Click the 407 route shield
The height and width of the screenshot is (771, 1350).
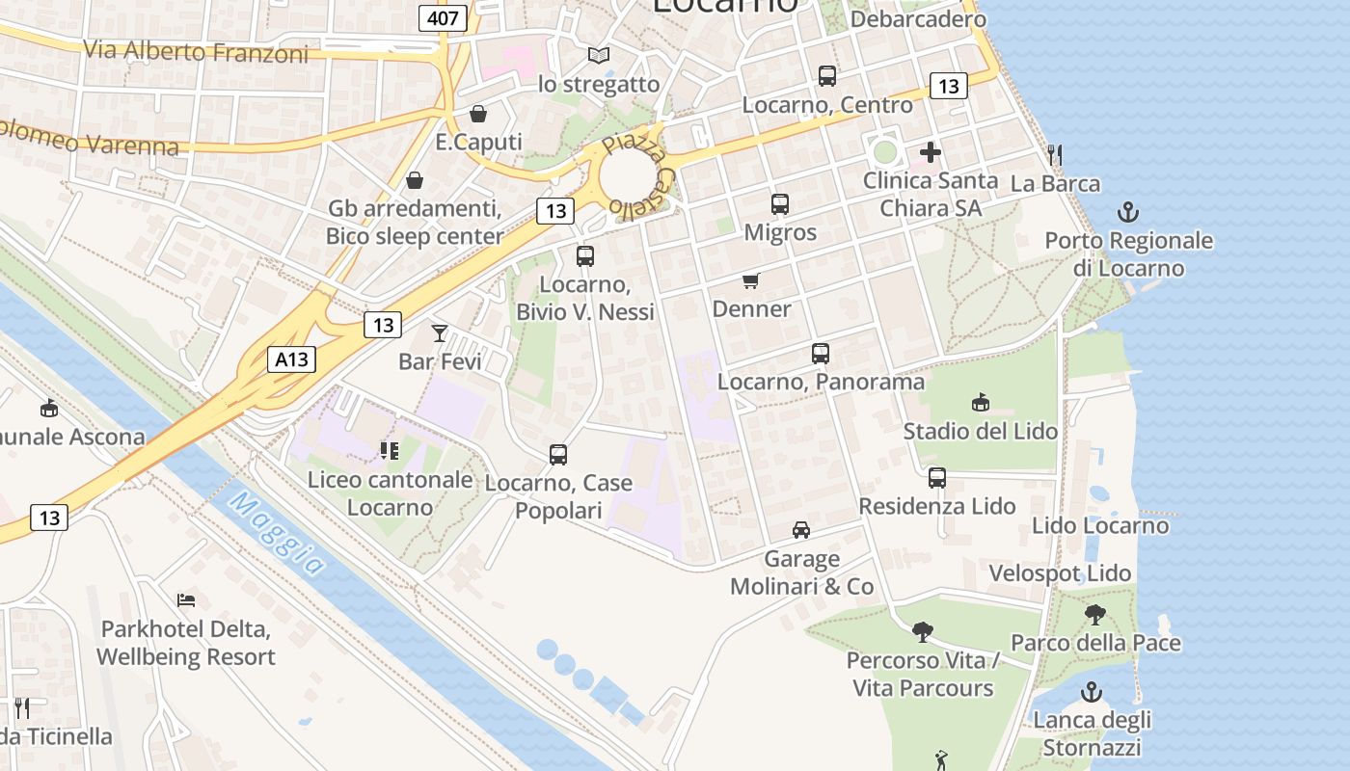(444, 17)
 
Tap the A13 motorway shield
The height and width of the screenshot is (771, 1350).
(291, 360)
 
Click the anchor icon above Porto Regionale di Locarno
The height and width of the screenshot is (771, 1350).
(1127, 212)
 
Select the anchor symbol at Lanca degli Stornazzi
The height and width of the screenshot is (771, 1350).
(1092, 691)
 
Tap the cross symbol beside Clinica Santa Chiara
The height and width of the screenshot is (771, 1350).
(930, 152)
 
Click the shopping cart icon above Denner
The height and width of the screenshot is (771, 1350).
(751, 280)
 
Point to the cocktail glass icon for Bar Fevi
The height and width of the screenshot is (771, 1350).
(440, 333)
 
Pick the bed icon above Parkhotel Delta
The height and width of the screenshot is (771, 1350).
(187, 600)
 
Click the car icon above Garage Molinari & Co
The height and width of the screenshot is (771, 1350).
(800, 530)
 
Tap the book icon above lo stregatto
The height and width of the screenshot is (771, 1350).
(599, 56)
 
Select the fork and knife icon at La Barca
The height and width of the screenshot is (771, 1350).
(1055, 154)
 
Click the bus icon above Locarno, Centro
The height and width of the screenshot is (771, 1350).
(826, 76)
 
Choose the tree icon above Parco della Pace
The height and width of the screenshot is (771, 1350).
(1094, 614)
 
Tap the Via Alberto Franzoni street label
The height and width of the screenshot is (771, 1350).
(197, 51)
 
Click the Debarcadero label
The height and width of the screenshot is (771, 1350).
(918, 19)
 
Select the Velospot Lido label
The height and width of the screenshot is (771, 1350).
(1060, 573)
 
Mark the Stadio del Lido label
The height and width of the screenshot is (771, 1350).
(980, 431)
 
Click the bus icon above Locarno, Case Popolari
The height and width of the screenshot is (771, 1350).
(557, 455)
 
